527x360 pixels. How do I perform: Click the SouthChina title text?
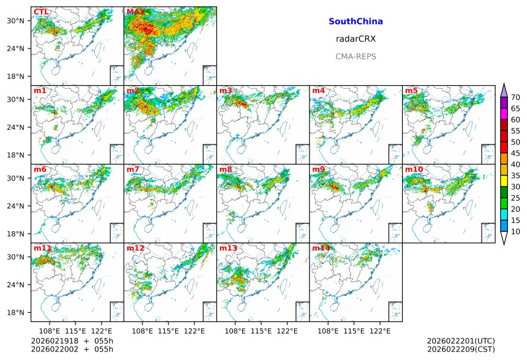click(x=355, y=21)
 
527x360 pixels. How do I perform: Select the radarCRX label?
click(x=355, y=39)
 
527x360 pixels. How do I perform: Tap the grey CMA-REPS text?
click(x=355, y=56)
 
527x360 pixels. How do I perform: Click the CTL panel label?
click(x=41, y=12)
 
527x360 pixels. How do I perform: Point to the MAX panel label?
click(x=135, y=12)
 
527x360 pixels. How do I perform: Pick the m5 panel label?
click(x=411, y=91)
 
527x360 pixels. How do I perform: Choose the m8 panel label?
click(x=226, y=170)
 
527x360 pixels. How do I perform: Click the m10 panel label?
click(x=414, y=170)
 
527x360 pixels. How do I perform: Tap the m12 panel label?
click(x=135, y=248)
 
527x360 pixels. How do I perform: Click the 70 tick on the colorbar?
click(x=515, y=97)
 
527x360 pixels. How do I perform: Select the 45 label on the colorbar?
click(x=515, y=154)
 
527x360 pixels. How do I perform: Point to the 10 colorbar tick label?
click(x=515, y=232)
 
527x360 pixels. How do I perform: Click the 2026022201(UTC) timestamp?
click(x=461, y=341)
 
